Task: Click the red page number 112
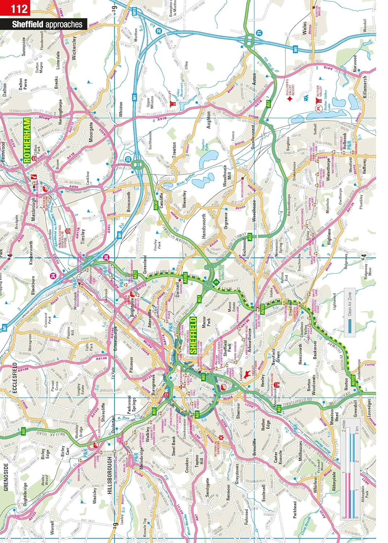click(x=19, y=9)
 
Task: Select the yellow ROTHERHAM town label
click(x=27, y=140)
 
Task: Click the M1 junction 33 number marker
click(x=128, y=159)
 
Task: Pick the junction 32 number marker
click(x=159, y=31)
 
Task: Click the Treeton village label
click(x=174, y=149)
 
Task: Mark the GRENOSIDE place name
click(x=6, y=477)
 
